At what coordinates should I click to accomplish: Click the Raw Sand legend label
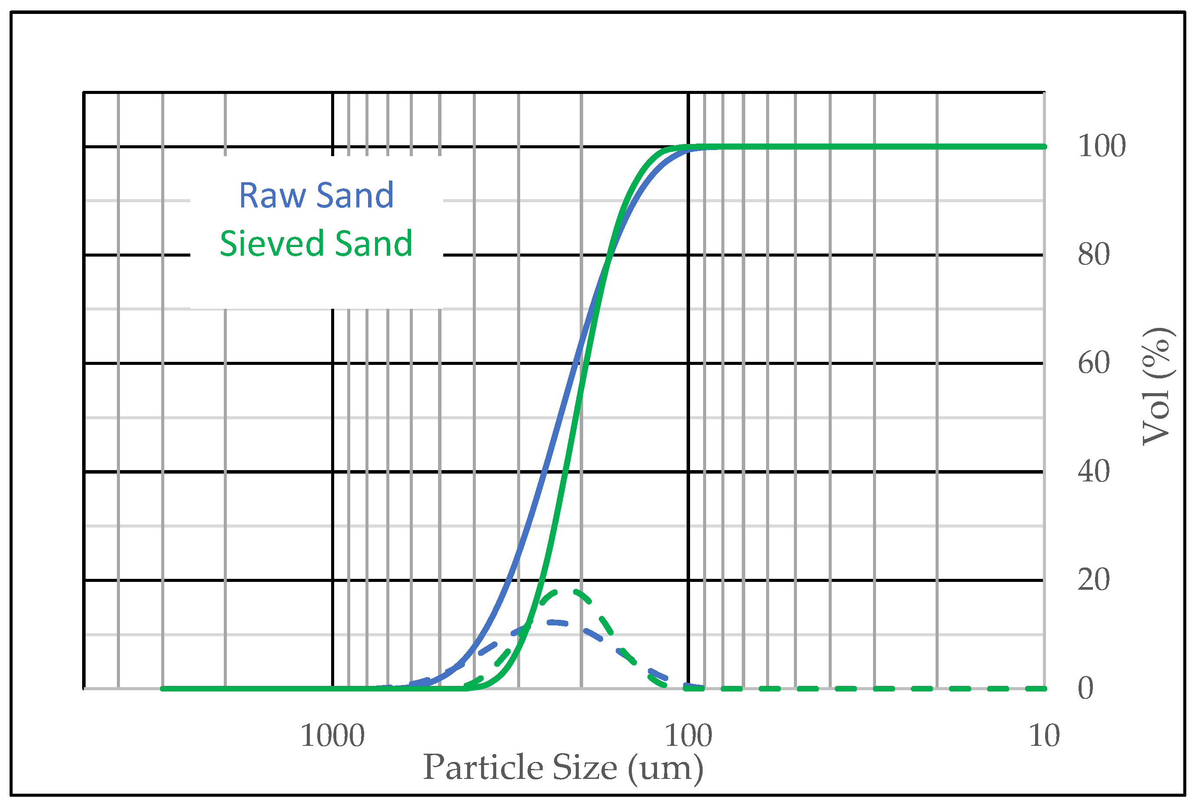(316, 196)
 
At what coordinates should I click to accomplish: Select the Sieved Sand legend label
(316, 244)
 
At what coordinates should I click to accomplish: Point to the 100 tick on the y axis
(1102, 146)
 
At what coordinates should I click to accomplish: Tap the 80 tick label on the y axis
(1093, 255)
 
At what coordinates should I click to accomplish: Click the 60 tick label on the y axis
(1093, 364)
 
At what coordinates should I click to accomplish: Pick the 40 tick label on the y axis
(1093, 472)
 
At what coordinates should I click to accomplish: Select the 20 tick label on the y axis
(1093, 580)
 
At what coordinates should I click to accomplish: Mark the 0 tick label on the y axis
(1085, 688)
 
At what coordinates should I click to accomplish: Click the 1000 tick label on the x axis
(332, 736)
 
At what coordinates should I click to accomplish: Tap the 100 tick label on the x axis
(688, 736)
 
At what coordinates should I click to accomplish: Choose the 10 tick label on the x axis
(1044, 736)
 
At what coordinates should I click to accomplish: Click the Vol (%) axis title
(1157, 386)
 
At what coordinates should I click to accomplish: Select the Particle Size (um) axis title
(563, 768)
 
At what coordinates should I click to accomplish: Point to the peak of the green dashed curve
(566, 591)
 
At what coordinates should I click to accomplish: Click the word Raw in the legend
(272, 196)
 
